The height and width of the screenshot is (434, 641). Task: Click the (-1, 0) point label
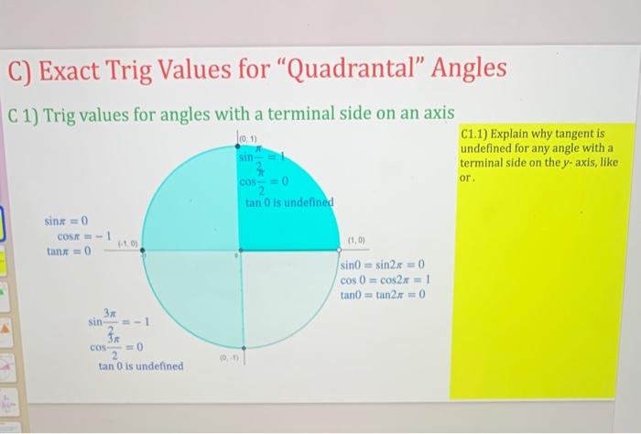[127, 244]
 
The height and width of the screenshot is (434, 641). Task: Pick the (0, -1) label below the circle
[224, 359]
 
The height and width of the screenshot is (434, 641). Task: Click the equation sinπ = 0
[65, 222]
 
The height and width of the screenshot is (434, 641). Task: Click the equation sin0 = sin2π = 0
[382, 266]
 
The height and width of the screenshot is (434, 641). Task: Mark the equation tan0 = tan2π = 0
[383, 294]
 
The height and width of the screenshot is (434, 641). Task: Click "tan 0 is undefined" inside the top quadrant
[289, 202]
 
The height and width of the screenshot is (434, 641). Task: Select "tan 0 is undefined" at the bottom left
[141, 366]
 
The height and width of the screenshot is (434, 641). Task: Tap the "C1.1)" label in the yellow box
[477, 134]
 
